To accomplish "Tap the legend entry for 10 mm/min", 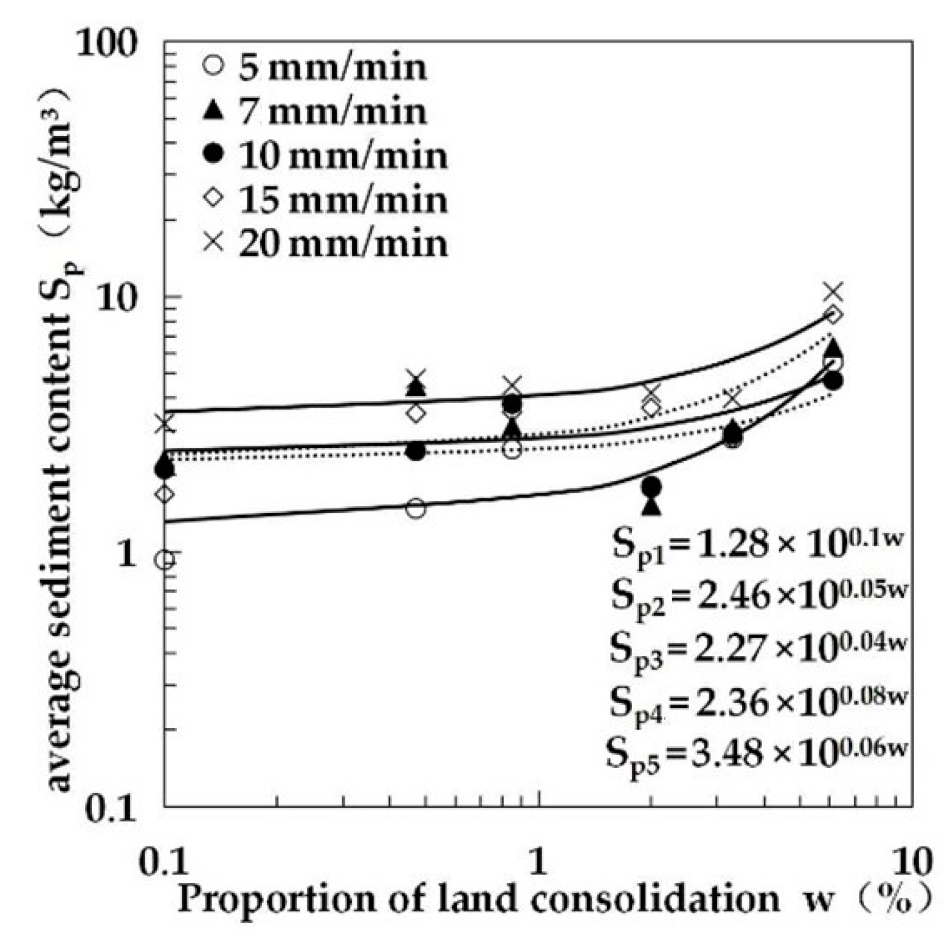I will pyautogui.click(x=325, y=156).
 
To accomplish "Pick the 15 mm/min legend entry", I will pyautogui.click(x=325, y=199).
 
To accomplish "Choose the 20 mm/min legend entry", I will pyautogui.click(x=325, y=244).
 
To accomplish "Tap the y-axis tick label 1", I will pyautogui.click(x=126, y=554).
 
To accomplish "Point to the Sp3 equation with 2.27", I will pyautogui.click(x=757, y=648).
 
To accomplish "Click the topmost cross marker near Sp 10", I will pyautogui.click(x=834, y=292).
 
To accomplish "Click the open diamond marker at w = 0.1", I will pyautogui.click(x=165, y=494).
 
